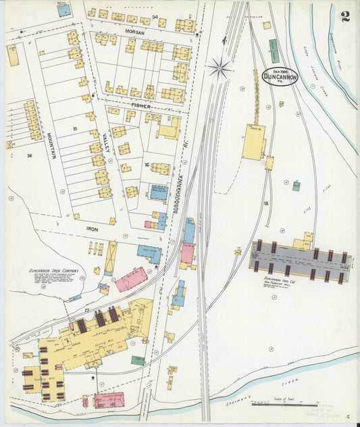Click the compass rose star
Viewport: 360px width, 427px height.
pos(220,66)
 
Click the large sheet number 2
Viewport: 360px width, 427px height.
pos(345,16)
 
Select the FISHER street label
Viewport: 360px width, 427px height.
pos(140,105)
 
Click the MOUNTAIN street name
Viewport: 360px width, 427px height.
pos(51,143)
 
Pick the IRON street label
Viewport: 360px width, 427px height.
pos(92,229)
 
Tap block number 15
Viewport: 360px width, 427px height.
pos(76,128)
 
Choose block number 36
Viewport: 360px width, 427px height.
pos(29,156)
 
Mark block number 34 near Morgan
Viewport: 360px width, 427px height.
pos(155,16)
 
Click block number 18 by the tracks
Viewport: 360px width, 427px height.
pos(266,202)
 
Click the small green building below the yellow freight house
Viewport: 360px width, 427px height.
pos(296,185)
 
